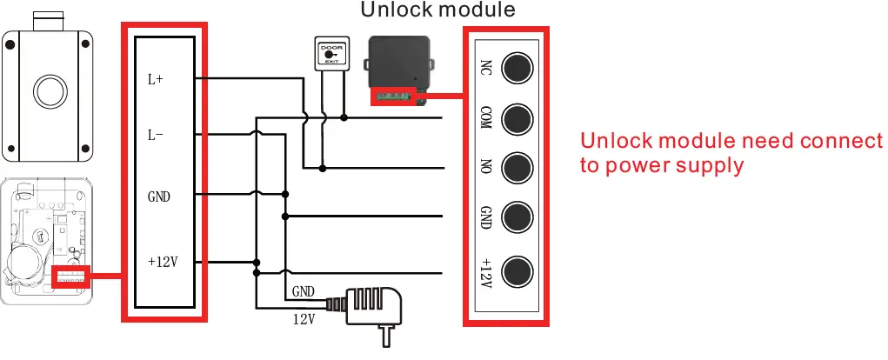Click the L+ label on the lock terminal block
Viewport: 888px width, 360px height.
click(x=156, y=79)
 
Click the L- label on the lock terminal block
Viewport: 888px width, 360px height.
click(x=156, y=135)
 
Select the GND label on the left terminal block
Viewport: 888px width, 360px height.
click(x=159, y=196)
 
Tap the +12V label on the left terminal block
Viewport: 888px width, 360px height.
click(x=162, y=262)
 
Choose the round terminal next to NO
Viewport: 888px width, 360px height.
click(x=518, y=166)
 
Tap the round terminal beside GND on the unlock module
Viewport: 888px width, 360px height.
click(x=518, y=216)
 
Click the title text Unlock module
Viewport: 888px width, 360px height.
click(x=437, y=10)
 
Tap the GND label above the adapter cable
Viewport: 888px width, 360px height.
click(x=304, y=291)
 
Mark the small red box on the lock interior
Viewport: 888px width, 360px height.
click(x=71, y=277)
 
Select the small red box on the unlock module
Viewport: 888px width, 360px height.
click(x=396, y=97)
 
